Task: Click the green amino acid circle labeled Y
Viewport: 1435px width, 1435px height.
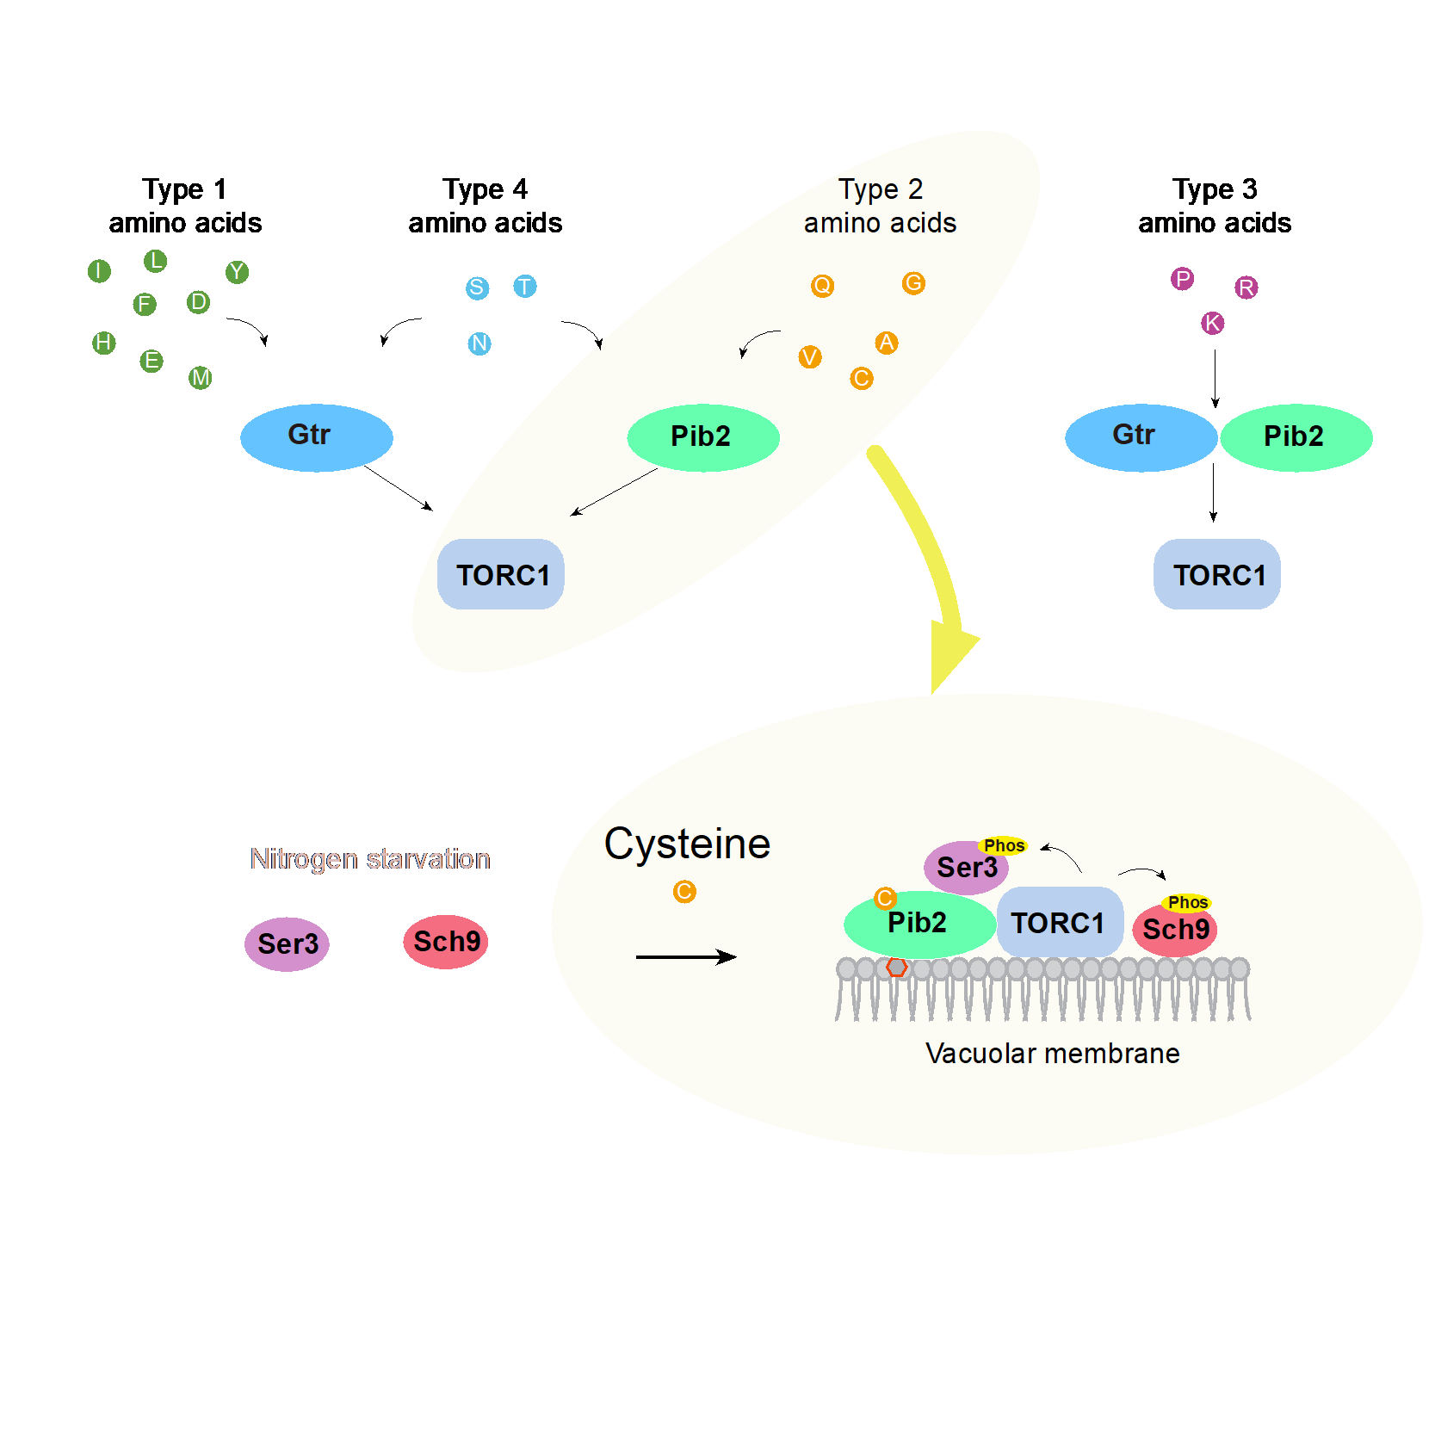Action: [237, 272]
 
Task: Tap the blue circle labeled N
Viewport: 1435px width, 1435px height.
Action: [479, 343]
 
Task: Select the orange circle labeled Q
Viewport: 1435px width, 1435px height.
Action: [822, 285]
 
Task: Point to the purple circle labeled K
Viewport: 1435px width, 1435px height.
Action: [1212, 323]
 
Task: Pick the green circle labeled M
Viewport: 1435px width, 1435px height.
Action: [201, 377]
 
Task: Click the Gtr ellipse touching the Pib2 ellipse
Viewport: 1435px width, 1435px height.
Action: [1140, 437]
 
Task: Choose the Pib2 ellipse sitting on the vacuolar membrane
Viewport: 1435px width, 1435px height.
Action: [918, 925]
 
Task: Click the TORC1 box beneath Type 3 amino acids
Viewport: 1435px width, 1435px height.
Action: [1216, 574]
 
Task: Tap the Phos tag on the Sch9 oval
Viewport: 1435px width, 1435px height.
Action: [1187, 902]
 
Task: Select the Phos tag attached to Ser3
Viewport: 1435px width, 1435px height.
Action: [1004, 845]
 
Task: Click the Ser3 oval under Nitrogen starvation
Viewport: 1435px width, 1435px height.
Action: [287, 943]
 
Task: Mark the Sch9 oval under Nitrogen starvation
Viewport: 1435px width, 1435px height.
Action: [446, 941]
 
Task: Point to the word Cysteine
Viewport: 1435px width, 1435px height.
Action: [687, 844]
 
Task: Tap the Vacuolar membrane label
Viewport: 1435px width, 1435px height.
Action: [1052, 1054]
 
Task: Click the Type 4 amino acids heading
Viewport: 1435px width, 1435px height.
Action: [485, 206]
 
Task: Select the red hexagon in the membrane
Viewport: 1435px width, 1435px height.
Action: [897, 968]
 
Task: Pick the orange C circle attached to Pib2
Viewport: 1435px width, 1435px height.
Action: [885, 899]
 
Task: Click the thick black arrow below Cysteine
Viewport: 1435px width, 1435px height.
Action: [686, 956]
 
